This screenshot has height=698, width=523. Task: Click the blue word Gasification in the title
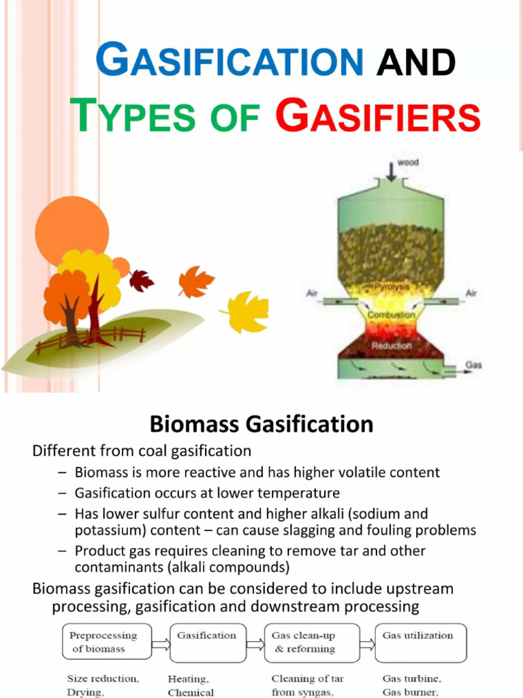(x=229, y=61)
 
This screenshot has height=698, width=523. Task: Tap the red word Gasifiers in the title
(x=378, y=117)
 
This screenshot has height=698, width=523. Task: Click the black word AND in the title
(x=415, y=63)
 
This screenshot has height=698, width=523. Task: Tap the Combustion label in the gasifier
(x=391, y=316)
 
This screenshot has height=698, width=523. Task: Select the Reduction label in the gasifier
(x=391, y=346)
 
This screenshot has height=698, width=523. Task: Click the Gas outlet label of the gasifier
(x=473, y=365)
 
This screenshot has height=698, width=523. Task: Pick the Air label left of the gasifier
(x=311, y=293)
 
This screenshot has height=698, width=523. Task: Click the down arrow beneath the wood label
(x=391, y=172)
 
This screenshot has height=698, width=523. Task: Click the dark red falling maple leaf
(x=141, y=279)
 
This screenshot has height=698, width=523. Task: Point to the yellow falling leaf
(x=247, y=312)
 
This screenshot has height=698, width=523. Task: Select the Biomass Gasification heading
(x=261, y=424)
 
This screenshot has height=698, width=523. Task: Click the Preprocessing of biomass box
(x=107, y=642)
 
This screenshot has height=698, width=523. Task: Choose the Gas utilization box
(x=421, y=642)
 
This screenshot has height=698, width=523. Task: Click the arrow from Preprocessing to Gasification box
(x=161, y=643)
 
